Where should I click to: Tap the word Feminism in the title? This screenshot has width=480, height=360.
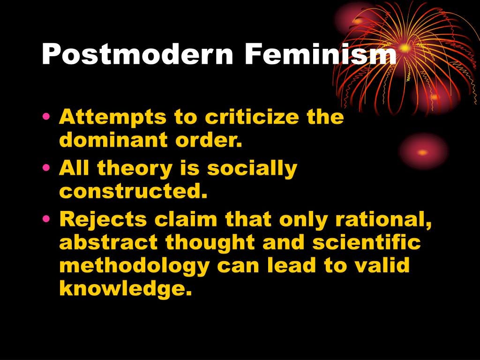[320, 55]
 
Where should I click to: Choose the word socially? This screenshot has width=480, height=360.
[252, 169]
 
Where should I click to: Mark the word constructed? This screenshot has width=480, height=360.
[133, 192]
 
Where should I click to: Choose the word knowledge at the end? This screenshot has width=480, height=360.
[126, 289]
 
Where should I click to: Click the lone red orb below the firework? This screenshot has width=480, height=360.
[423, 152]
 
